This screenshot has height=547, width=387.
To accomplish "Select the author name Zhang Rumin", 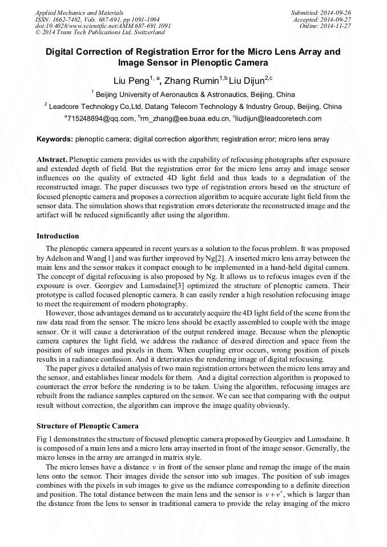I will point(191,79).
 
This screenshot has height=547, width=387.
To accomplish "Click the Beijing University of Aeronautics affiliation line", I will point(193,94).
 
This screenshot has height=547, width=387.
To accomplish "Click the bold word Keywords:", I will point(55,139).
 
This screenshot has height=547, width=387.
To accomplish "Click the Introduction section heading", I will point(58,236).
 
